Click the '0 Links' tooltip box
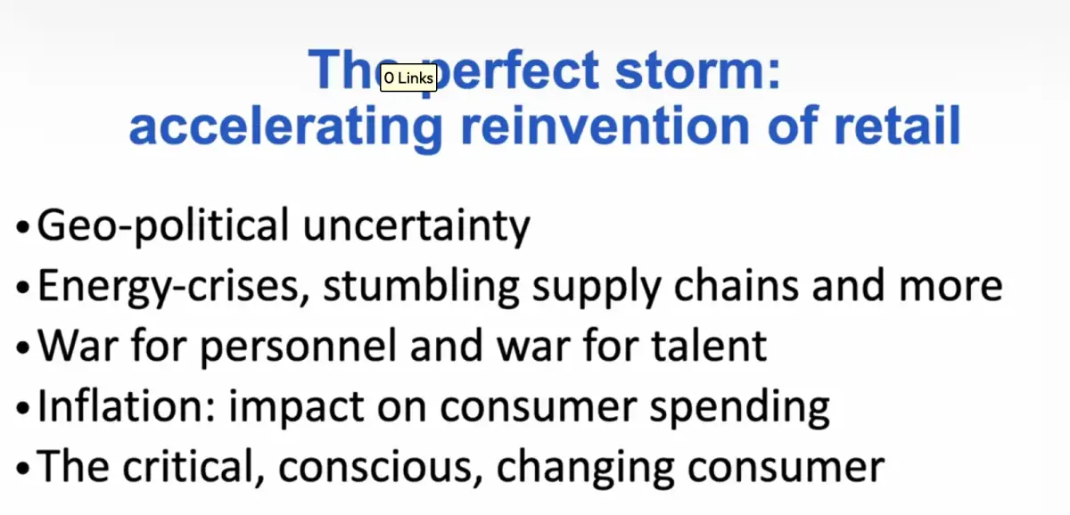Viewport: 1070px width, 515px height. [408, 78]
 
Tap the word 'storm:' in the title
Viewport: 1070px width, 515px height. [697, 69]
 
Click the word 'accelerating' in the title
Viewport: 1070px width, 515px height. [286, 127]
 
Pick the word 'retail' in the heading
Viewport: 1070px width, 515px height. [898, 126]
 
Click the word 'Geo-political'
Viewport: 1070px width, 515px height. [163, 225]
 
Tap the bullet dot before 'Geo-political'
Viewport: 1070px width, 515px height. [22, 225]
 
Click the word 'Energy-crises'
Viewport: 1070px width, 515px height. [171, 286]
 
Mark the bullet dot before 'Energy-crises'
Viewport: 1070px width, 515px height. [22, 287]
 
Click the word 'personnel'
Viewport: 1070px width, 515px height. [299, 347]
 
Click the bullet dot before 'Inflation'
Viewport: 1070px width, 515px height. [22, 407]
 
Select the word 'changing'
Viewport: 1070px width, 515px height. [586, 469]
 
